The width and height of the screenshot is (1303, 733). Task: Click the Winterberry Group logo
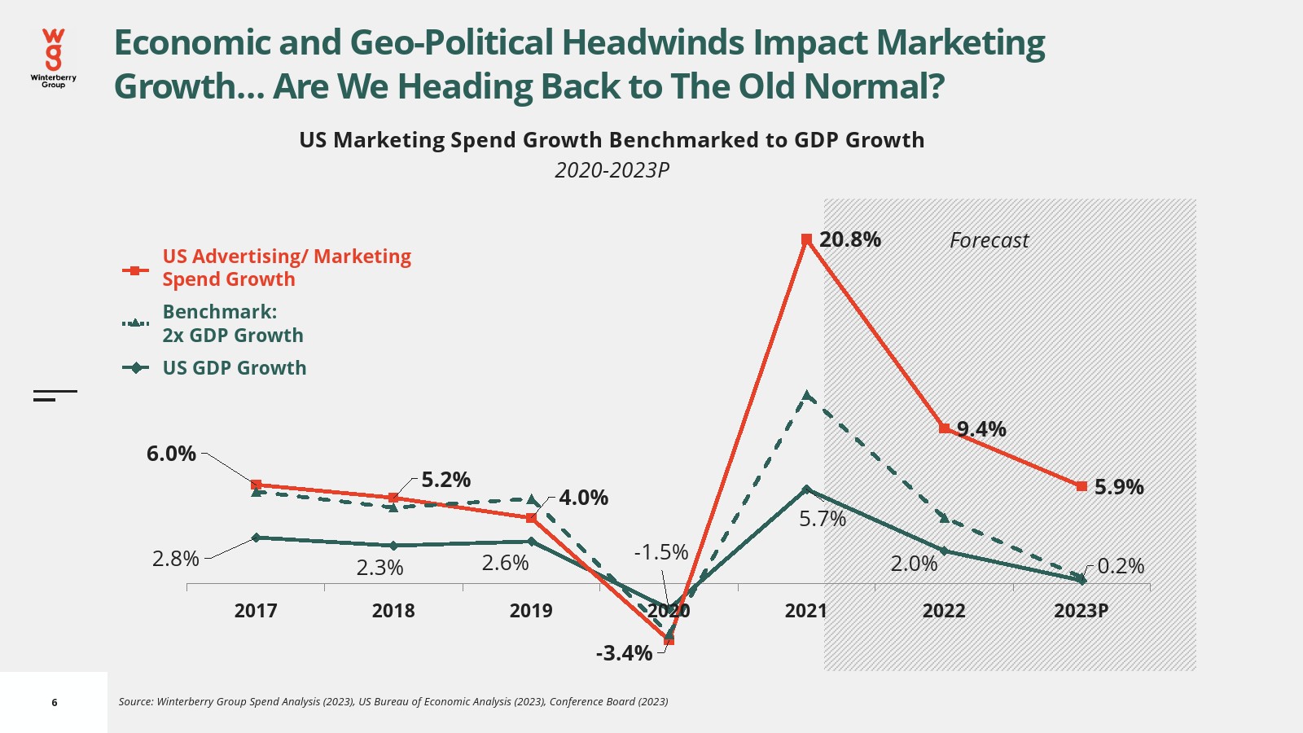54,57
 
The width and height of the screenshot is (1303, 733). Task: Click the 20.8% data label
849,239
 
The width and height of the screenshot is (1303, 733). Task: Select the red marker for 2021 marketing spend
806,239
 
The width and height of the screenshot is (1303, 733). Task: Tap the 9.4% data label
981,429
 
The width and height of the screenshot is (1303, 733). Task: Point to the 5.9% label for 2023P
1119,487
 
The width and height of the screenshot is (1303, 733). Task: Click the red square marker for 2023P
1081,486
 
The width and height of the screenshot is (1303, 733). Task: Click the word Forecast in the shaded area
989,240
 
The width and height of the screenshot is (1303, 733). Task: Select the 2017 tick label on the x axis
256,611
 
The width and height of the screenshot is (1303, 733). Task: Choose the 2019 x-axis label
531,611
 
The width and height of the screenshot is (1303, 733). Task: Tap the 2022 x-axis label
944,611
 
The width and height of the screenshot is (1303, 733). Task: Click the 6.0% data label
171,454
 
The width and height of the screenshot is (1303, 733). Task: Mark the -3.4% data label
624,653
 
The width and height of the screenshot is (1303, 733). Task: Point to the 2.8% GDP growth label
175,559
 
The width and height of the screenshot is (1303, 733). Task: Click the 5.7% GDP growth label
823,519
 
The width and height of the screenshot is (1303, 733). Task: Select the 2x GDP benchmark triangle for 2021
806,396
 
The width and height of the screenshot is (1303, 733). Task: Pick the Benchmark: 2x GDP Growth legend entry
232,323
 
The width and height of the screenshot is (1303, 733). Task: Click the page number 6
55,702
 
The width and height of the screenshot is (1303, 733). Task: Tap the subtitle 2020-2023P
612,170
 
